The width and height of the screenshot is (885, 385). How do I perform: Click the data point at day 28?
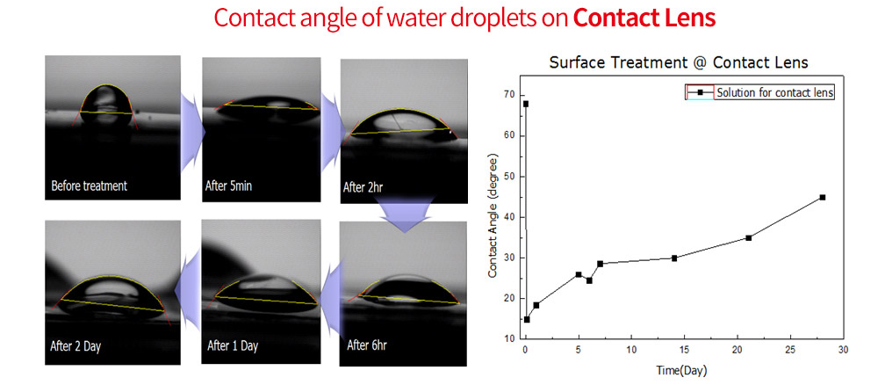coord(823,197)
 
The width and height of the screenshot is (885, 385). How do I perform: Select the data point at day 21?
coord(748,238)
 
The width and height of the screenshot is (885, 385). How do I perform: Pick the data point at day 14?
coord(674,258)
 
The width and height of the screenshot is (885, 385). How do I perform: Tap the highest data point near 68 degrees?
coord(526,104)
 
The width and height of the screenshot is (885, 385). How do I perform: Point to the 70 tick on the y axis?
coord(512,96)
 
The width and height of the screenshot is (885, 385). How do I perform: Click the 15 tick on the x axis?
coord(684,350)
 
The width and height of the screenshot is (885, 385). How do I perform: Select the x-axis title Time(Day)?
coord(681,372)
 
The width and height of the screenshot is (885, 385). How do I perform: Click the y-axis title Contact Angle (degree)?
coord(493,215)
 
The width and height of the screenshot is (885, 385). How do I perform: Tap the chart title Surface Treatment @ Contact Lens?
coord(679,62)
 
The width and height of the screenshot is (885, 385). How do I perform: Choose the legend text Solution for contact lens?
coord(775,93)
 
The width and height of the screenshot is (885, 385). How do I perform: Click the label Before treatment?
coord(90,185)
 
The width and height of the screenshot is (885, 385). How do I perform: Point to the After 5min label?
coord(229,185)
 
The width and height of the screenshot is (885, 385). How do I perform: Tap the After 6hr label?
coord(367,345)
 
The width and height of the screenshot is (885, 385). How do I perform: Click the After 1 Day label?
coord(233,345)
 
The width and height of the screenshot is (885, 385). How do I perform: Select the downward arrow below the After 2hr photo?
coord(406,214)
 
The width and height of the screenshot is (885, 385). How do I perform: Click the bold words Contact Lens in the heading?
coord(645,18)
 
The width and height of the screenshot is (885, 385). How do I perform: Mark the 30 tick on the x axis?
coord(843,350)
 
